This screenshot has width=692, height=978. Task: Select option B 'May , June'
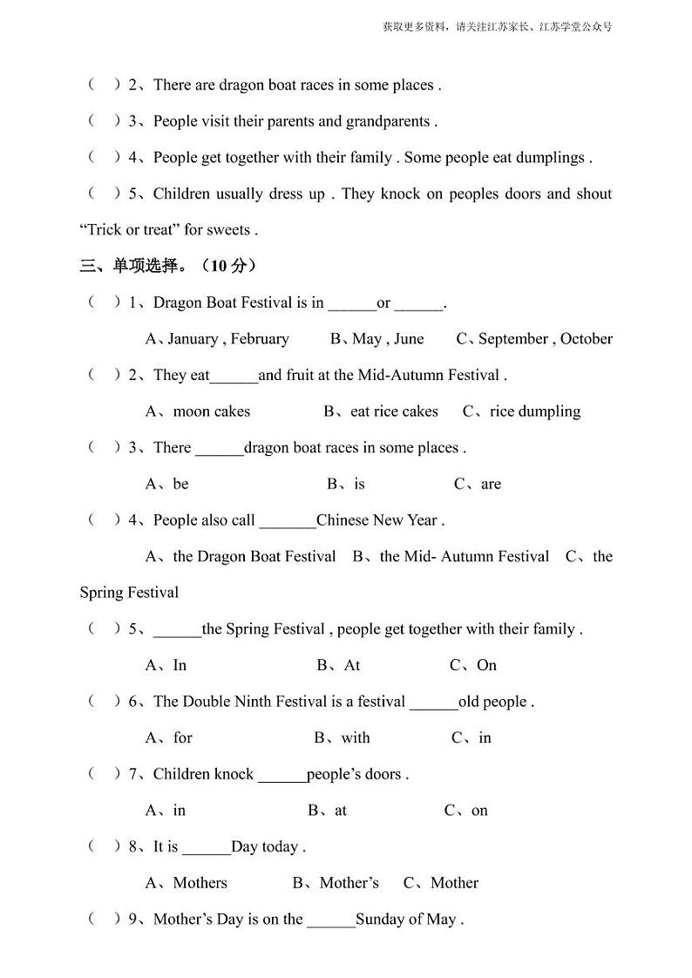point(377,338)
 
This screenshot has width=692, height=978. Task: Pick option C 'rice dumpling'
point(521,411)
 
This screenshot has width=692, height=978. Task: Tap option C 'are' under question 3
point(478,484)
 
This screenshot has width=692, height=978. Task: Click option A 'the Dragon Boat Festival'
point(241,556)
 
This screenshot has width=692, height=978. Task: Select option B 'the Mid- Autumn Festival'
point(451,556)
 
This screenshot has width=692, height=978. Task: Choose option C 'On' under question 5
point(473,665)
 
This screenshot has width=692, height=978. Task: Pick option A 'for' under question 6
point(169,737)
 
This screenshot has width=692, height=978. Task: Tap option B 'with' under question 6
point(342,737)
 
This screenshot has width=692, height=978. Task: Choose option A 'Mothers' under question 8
point(187,882)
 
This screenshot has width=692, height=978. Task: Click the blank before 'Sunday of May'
point(331,920)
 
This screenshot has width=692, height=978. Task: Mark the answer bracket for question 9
point(104,919)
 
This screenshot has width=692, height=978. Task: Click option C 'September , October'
point(534,338)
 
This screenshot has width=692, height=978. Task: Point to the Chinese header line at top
point(497,26)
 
